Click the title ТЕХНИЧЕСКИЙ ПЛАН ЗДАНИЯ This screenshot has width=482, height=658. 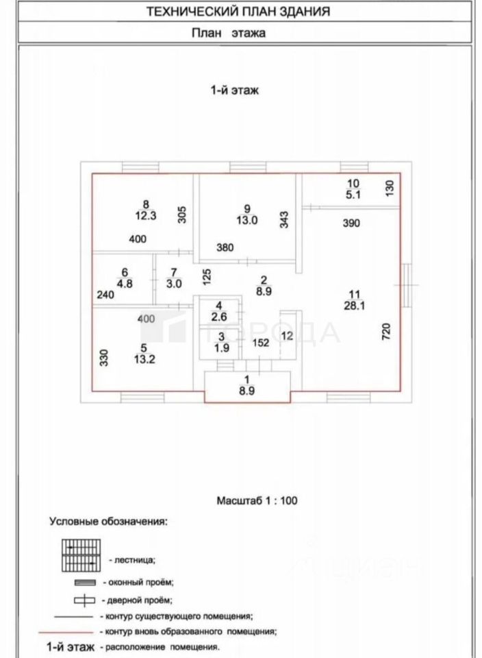click(x=238, y=12)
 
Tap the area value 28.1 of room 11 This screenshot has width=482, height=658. click(x=354, y=306)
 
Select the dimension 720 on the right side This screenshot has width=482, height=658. click(x=386, y=331)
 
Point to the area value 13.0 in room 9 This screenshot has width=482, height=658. click(x=246, y=220)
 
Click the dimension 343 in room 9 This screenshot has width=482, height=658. click(x=284, y=219)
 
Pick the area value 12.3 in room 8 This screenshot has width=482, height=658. click(x=145, y=216)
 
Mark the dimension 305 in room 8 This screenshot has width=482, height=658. click(x=182, y=215)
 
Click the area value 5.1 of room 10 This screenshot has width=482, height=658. click(x=353, y=195)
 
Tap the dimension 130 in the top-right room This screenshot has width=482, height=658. click(x=390, y=188)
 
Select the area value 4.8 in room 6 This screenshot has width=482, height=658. click(x=125, y=284)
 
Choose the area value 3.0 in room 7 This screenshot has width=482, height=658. click(x=174, y=284)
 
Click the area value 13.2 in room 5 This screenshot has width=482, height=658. click(x=144, y=359)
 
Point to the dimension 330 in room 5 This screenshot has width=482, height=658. click(x=104, y=358)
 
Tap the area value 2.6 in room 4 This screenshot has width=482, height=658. click(x=219, y=317)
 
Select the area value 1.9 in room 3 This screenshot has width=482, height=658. click(x=222, y=348)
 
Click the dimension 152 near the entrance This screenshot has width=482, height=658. click(x=260, y=343)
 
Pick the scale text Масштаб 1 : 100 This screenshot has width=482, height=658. click(x=257, y=500)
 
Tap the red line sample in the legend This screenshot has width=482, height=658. click(x=65, y=631)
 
